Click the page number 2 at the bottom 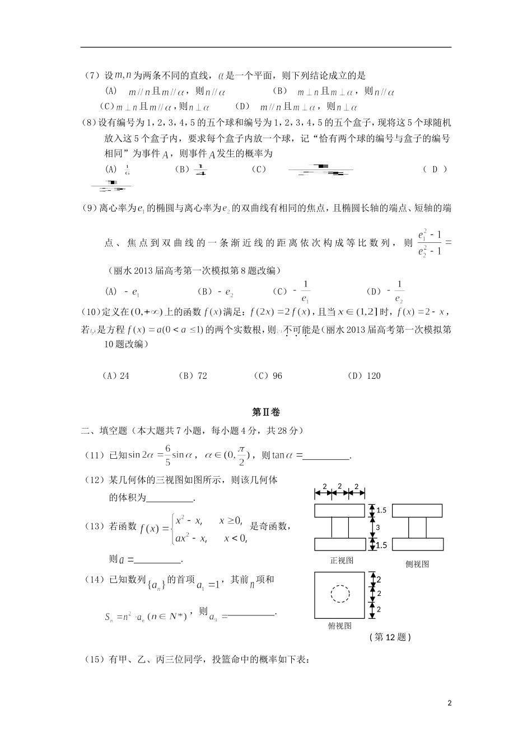(450, 703)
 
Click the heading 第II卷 (266, 412)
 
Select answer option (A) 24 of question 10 (116, 376)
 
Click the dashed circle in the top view (339, 594)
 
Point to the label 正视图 (342, 560)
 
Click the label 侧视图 (417, 565)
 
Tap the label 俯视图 (339, 626)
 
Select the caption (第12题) (390, 637)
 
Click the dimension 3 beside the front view (377, 527)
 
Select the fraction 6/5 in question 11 (166, 455)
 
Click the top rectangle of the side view (417, 511)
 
